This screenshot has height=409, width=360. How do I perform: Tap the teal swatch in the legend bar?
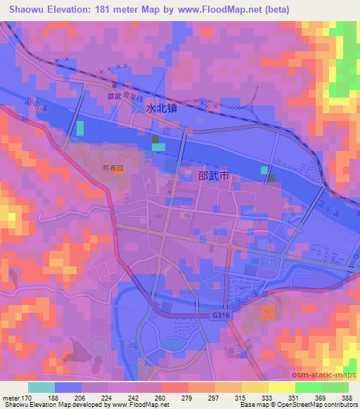(x=41, y=387)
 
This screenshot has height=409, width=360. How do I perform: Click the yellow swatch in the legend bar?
(x=281, y=387)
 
